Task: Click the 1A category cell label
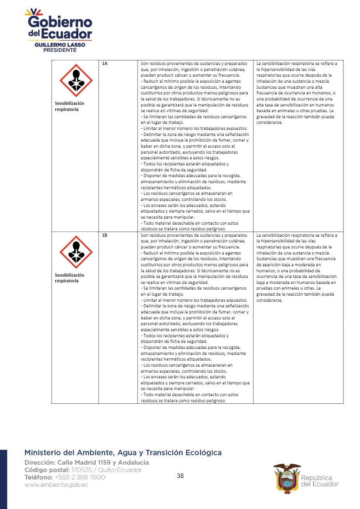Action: pyautogui.click(x=105, y=64)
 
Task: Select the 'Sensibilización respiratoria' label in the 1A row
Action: pyautogui.click(x=69, y=106)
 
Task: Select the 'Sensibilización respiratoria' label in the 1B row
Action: pyautogui.click(x=69, y=278)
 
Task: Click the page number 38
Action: pyautogui.click(x=180, y=476)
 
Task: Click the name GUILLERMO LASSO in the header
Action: pyautogui.click(x=60, y=45)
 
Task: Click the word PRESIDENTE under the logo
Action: pyautogui.click(x=60, y=50)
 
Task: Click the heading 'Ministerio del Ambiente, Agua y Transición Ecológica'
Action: pyautogui.click(x=123, y=453)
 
